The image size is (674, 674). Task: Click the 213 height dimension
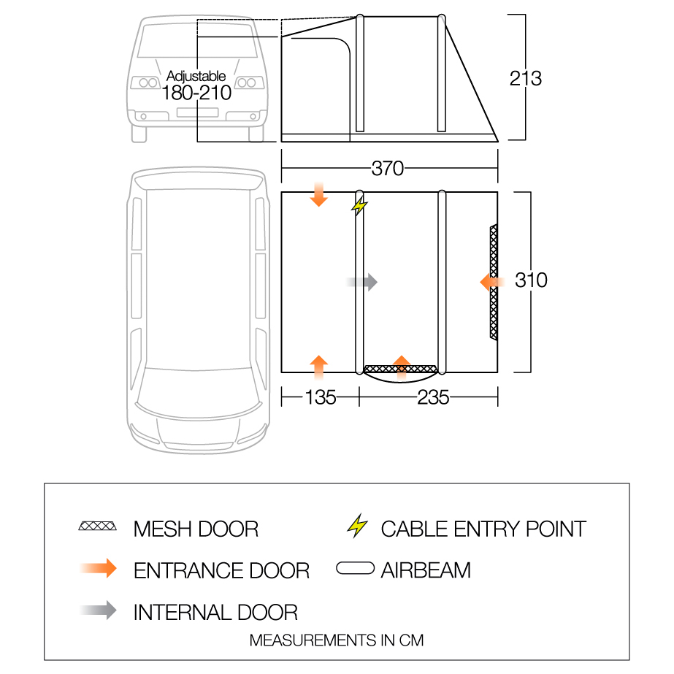(x=526, y=77)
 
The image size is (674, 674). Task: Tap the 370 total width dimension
(x=387, y=169)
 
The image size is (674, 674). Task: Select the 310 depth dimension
(x=531, y=280)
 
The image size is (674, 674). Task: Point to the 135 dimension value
(x=321, y=397)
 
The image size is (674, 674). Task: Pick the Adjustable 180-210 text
(x=196, y=85)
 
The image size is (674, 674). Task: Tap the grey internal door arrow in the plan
(x=362, y=282)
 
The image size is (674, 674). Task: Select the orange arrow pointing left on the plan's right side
(x=493, y=282)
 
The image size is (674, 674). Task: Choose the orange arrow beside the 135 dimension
(x=319, y=366)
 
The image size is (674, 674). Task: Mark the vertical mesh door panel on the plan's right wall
(x=494, y=282)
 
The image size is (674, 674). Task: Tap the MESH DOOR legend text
(x=196, y=529)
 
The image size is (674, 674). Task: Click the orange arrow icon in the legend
(x=98, y=569)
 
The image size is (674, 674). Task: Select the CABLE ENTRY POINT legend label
(x=483, y=529)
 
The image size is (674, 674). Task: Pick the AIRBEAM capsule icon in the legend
(x=356, y=569)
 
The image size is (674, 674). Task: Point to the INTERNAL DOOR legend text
(x=215, y=612)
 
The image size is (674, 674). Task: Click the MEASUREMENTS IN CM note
(x=337, y=640)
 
